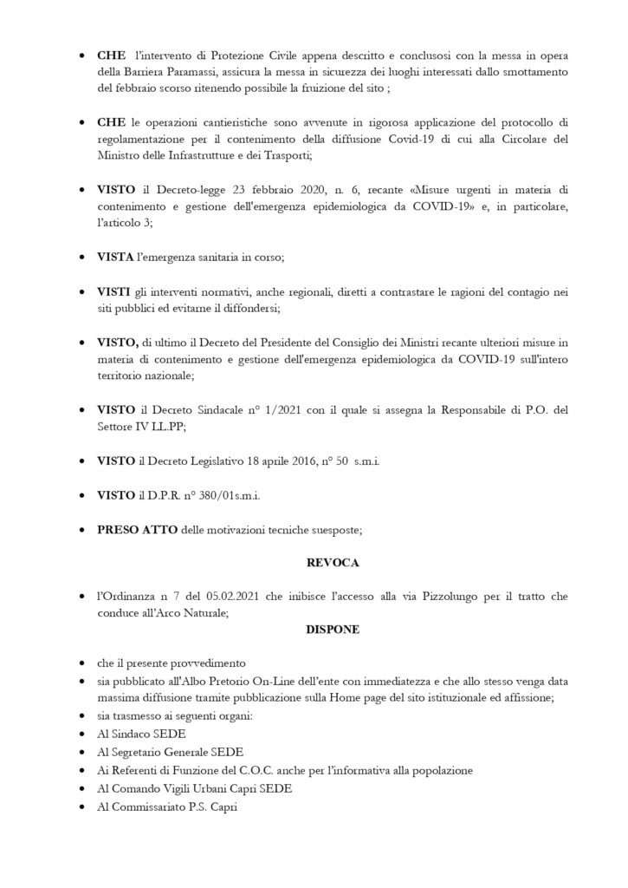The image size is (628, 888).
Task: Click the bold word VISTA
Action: [115, 258]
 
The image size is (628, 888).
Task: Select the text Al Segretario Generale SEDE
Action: [171, 752]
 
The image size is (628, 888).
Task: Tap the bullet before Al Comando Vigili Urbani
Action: [81, 787]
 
